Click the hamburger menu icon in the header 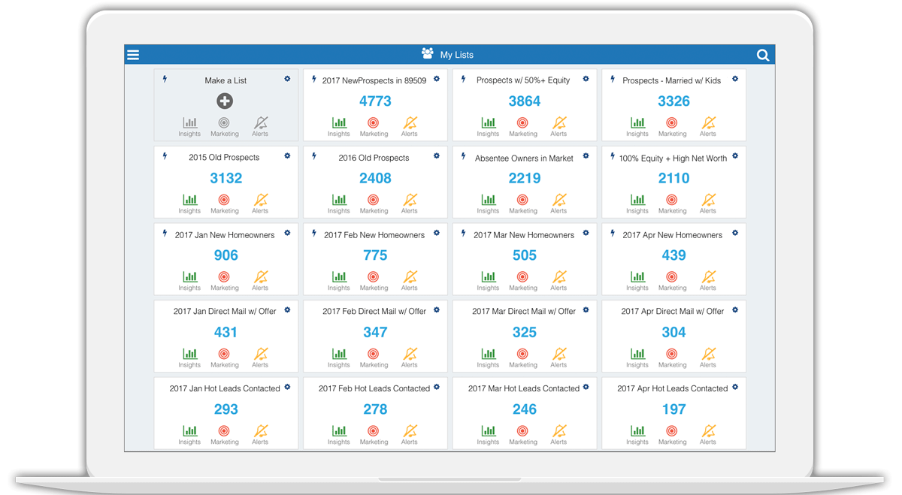[133, 55]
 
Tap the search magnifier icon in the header [762, 55]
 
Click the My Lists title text [456, 55]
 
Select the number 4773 [375, 101]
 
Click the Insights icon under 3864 [488, 123]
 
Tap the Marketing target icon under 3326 [672, 123]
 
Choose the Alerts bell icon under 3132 [260, 201]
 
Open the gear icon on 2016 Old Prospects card [437, 156]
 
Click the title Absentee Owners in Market [524, 158]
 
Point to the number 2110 [673, 179]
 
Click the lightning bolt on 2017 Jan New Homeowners [165, 234]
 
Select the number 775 [375, 255]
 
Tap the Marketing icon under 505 [523, 277]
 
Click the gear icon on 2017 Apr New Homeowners [735, 233]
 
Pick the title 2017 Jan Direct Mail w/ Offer [225, 312]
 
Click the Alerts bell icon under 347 [410, 355]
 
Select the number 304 [673, 333]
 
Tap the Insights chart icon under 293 [189, 432]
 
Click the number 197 [673, 410]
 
